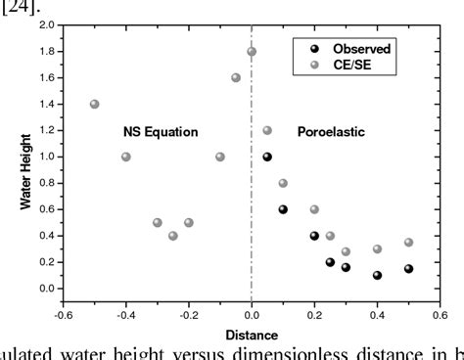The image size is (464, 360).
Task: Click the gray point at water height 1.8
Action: (x=252, y=52)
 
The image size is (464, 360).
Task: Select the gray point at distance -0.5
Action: (x=94, y=104)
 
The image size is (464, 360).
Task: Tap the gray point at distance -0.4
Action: (x=126, y=157)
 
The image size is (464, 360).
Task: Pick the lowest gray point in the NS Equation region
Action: (x=173, y=236)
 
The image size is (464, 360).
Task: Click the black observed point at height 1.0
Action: (x=267, y=157)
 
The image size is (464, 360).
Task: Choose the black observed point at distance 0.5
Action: (x=408, y=268)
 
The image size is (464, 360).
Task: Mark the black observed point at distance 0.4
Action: (x=377, y=275)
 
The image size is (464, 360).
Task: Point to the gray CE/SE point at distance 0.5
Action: (x=408, y=242)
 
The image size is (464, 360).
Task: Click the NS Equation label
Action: (x=161, y=131)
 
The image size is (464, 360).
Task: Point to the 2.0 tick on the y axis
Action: (x=44, y=25)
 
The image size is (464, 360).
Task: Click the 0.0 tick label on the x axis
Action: (x=252, y=315)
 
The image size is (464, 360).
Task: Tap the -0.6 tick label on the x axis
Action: (x=61, y=315)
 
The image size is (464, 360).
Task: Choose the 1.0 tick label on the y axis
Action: (x=44, y=157)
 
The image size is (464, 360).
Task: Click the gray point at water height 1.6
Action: (x=236, y=77)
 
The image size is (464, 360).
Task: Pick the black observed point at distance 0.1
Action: (x=283, y=209)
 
